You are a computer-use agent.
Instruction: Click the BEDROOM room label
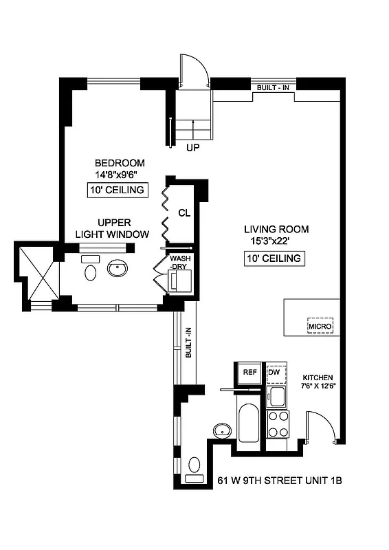[x=120, y=163]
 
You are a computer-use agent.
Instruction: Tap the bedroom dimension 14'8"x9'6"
[x=120, y=175]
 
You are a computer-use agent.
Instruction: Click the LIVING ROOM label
[x=276, y=230]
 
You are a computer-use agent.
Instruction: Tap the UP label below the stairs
[x=192, y=147]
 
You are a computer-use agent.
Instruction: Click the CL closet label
[x=184, y=212]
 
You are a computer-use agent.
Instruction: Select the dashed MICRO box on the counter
[x=320, y=325]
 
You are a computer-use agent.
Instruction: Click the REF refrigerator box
[x=249, y=372]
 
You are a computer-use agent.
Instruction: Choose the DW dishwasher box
[x=275, y=372]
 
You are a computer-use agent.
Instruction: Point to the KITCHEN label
[x=318, y=378]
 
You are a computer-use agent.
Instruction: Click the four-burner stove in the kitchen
[x=278, y=424]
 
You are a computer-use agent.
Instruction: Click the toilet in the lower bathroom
[x=194, y=468]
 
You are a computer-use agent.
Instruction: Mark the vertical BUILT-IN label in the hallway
[x=188, y=342]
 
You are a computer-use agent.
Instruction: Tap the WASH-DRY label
[x=180, y=263]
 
